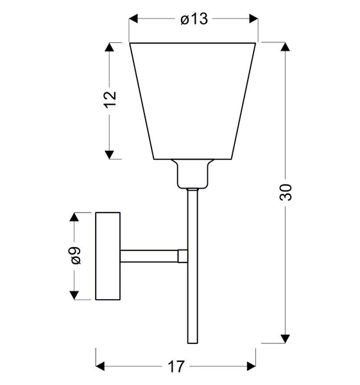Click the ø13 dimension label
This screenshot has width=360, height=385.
point(194,20)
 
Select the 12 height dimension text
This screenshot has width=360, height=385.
point(110,99)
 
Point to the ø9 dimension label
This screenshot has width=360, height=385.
point(74,256)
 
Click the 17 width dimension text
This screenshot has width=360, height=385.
point(176,366)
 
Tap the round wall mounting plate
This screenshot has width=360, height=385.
point(107,256)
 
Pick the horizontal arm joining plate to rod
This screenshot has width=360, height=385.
point(149,255)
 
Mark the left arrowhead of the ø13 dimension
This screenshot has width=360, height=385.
point(134,20)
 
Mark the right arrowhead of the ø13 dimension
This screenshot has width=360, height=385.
point(253,20)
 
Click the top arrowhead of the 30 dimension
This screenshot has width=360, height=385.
point(286,47)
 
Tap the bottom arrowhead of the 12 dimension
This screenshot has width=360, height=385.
point(110,154)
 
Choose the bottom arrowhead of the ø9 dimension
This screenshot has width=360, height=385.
point(74,295)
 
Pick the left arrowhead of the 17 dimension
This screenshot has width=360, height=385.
point(101,366)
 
